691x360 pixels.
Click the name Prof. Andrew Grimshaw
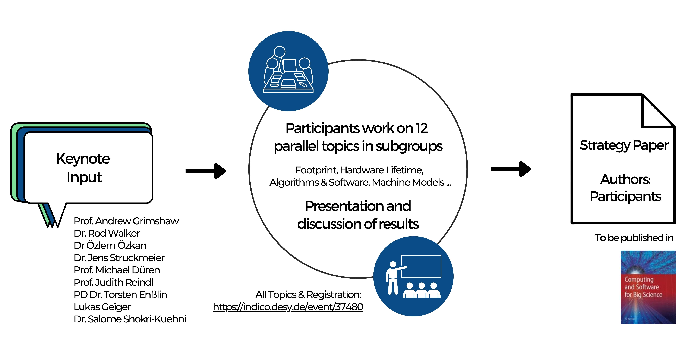pos(126,221)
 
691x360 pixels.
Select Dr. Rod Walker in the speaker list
pos(107,233)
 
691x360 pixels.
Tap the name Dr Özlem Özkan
pos(110,245)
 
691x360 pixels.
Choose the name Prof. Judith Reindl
pos(113,282)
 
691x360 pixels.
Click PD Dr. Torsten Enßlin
pos(120,295)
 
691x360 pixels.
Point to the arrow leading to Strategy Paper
pos(510,169)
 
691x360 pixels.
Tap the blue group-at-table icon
pos(288,71)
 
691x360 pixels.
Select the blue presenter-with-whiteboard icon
pos(413,276)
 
